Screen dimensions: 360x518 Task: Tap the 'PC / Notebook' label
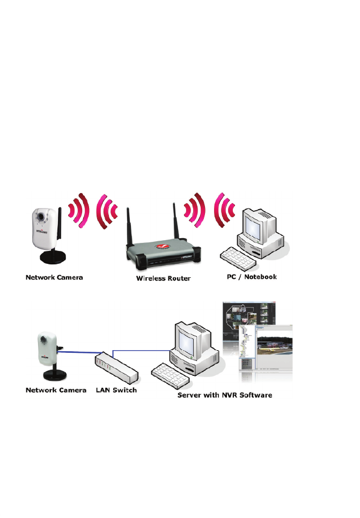click(249, 277)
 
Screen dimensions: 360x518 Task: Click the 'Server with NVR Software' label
click(225, 395)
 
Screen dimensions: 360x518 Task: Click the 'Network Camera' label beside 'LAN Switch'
click(56, 390)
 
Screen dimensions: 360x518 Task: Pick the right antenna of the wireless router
click(174, 223)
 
